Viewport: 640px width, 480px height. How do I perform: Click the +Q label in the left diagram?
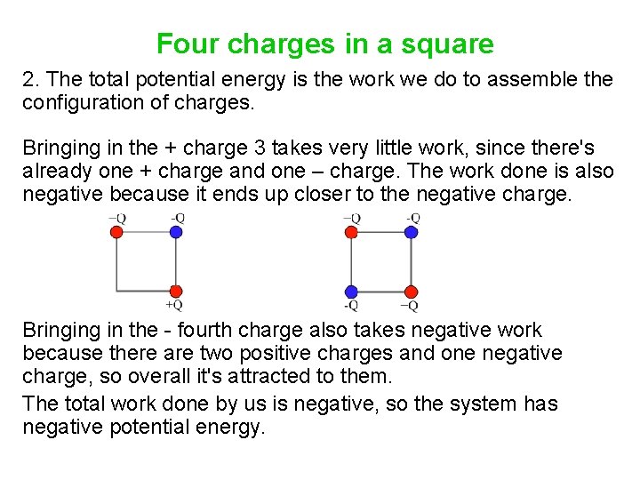point(174,305)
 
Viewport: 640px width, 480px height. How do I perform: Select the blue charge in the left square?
point(175,232)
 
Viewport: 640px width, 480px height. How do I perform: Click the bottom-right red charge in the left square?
point(175,291)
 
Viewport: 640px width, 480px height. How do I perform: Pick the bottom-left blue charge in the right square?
point(351,292)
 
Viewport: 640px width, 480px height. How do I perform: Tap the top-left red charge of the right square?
point(351,232)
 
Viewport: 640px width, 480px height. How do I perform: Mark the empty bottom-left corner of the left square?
point(117,291)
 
